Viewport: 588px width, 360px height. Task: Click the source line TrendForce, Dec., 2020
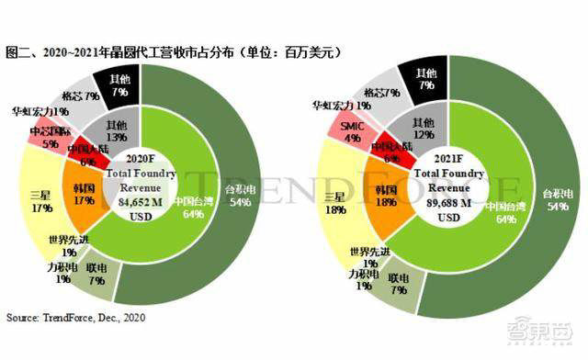point(76,318)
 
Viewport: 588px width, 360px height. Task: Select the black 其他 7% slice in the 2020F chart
point(120,84)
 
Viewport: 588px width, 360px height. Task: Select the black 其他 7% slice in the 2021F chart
point(424,78)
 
